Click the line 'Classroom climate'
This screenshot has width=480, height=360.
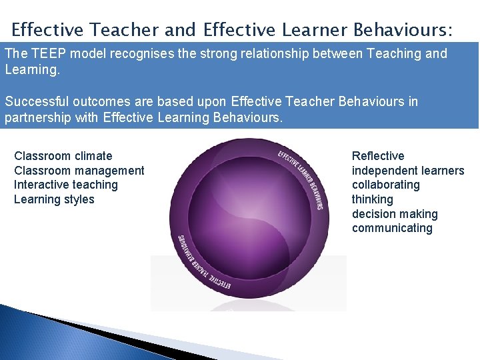coord(63,156)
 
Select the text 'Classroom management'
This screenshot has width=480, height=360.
coord(79,171)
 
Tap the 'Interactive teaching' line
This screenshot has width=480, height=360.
coord(66,185)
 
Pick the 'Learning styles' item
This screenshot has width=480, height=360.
coord(54,199)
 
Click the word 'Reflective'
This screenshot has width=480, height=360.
coord(378,156)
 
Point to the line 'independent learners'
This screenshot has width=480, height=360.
coord(408,171)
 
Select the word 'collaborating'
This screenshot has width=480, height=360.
coord(386,185)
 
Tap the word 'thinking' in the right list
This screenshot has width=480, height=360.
coord(373,199)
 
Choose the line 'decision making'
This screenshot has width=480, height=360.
coord(395,214)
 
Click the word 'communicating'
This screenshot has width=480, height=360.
coord(392,228)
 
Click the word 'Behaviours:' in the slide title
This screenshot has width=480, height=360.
coord(403,30)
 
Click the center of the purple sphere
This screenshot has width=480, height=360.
coord(248,217)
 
